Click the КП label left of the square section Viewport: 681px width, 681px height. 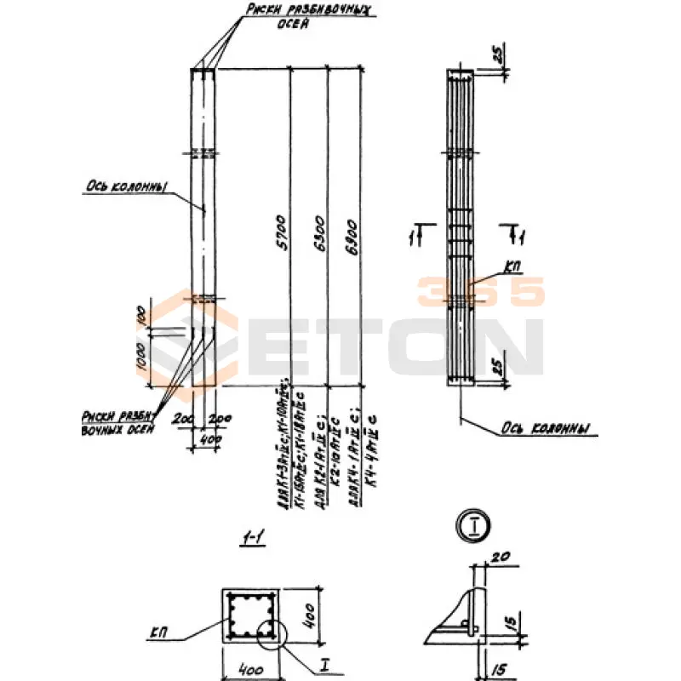coord(159,634)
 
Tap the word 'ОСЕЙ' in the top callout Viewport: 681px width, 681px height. coord(292,25)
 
